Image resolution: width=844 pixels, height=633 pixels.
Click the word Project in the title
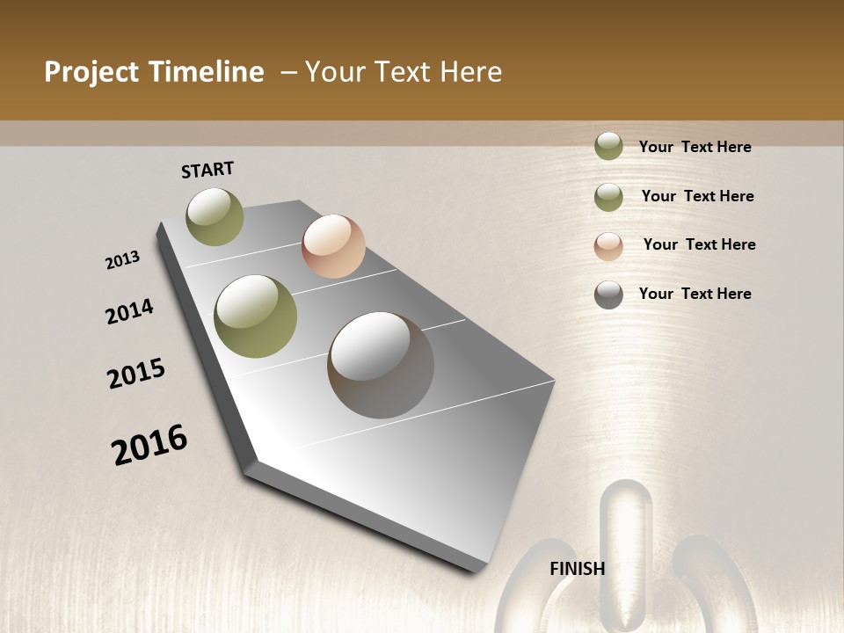pos(91,72)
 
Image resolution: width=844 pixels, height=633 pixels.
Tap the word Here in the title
pos(470,72)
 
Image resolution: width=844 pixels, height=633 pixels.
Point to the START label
pos(207,170)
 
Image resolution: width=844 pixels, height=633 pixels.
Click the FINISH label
pos(578,569)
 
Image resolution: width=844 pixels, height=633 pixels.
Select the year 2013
pos(123,260)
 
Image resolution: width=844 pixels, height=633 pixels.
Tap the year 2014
pos(130,311)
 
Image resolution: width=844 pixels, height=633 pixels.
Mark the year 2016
pos(149,445)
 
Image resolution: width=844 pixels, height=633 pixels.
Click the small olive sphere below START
pos(215,216)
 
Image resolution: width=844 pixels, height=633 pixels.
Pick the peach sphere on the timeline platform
pos(333,245)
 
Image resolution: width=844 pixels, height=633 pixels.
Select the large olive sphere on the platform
pos(256,316)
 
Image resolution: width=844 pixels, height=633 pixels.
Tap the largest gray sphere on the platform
pos(381,364)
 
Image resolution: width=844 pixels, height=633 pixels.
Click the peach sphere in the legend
pos(608,245)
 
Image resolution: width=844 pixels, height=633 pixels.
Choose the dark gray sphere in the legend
pos(608,295)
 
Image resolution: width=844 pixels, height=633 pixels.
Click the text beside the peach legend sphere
pos(699,244)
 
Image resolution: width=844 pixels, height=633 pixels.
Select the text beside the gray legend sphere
pos(695,294)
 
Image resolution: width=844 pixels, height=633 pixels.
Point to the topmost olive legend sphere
pos(608,146)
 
